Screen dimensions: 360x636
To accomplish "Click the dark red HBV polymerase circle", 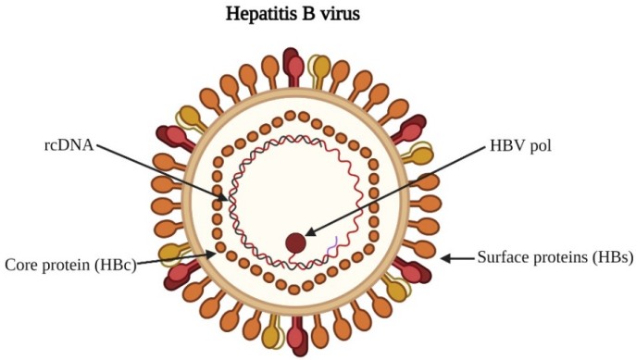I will (295, 243).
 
